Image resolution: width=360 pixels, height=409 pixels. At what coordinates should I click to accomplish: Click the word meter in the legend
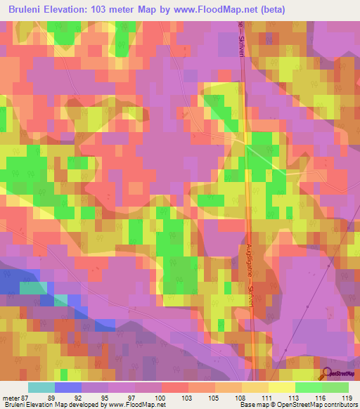(x=9, y=397)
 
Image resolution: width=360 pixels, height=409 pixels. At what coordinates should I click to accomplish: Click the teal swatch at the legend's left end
(x=41, y=387)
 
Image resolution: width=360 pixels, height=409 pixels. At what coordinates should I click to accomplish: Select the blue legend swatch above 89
(x=68, y=387)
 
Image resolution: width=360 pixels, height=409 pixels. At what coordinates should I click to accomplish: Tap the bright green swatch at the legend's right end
(x=335, y=387)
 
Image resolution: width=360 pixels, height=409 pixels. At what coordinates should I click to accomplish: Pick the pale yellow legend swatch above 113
(x=282, y=387)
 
